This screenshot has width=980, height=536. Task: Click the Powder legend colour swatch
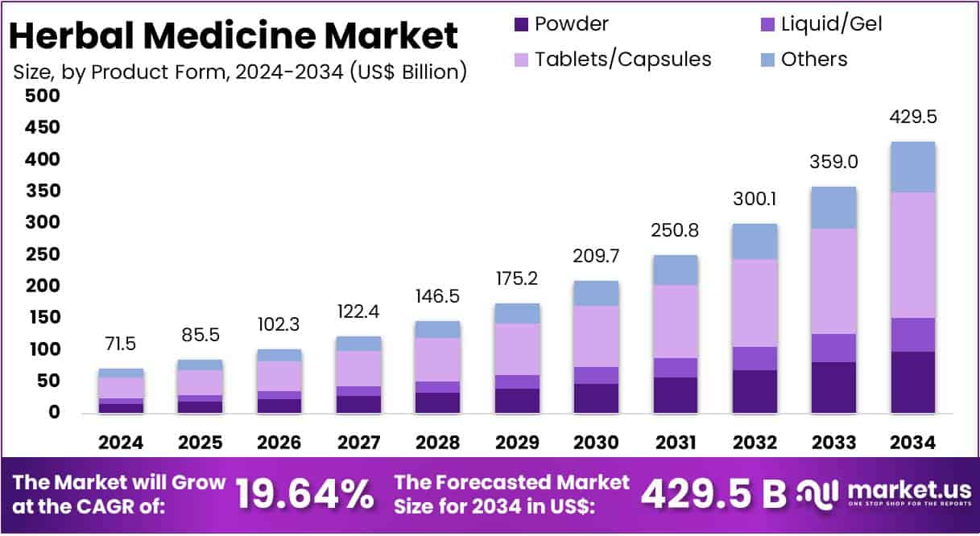click(521, 24)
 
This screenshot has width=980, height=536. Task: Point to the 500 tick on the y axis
click(43, 97)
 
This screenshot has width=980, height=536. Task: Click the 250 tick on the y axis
click(43, 255)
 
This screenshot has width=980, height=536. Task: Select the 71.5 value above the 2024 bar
click(121, 344)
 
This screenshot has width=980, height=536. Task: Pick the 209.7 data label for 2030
click(596, 258)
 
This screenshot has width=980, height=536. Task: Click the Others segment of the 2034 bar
click(912, 167)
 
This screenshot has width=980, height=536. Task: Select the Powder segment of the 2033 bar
click(833, 387)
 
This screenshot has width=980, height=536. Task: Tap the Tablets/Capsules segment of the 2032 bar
click(755, 303)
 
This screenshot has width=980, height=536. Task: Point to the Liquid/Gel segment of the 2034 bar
click(912, 335)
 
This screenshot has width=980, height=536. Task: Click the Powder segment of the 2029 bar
click(517, 401)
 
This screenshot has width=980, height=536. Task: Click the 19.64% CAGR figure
click(304, 494)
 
